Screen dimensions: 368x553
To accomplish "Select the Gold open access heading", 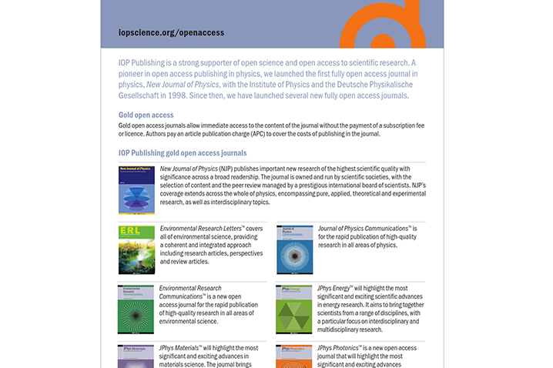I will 146,115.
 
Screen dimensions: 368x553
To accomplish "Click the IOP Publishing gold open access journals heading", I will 183,153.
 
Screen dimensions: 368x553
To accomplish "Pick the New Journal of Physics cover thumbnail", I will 136,189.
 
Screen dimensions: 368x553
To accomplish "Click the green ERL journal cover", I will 136,249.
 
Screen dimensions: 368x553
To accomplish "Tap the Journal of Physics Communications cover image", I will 294,249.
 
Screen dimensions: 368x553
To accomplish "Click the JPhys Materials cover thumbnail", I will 136,356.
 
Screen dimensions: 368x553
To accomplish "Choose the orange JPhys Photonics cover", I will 294,356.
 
